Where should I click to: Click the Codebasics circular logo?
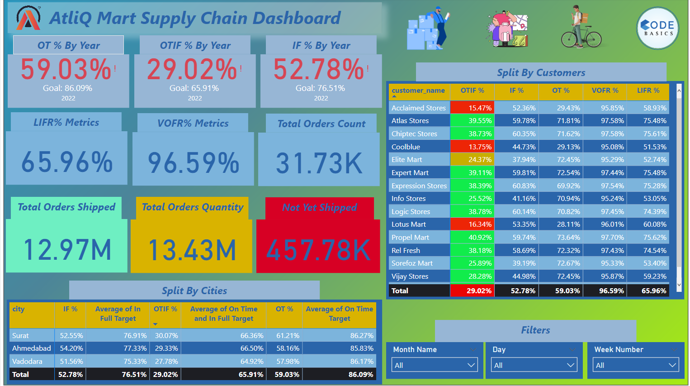(658, 28)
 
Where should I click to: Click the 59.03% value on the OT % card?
(66, 69)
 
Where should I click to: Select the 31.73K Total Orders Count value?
(319, 163)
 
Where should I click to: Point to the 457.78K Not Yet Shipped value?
(318, 250)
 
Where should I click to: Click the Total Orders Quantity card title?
(192, 207)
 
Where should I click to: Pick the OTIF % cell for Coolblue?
(472, 147)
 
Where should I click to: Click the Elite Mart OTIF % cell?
(472, 160)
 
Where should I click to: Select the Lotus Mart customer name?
(409, 224)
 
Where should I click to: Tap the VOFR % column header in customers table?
(605, 91)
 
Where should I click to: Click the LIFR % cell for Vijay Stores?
(648, 276)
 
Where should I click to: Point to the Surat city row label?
(21, 336)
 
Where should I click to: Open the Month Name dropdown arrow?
(471, 365)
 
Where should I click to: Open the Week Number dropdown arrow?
(672, 365)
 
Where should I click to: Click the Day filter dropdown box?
(534, 365)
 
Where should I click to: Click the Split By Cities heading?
(194, 291)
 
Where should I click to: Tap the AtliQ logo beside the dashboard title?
(28, 18)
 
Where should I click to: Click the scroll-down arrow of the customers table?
(679, 285)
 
